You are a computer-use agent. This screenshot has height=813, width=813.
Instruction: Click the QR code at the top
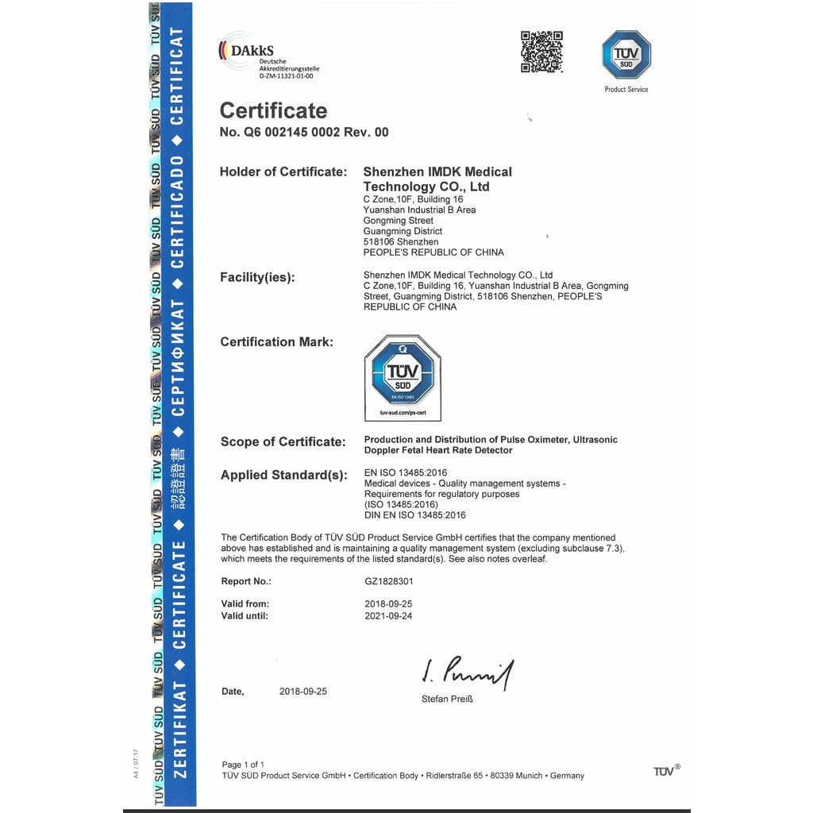[541, 52]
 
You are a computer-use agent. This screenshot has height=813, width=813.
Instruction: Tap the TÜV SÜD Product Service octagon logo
[626, 55]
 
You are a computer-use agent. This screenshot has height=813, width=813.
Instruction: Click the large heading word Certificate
[273, 110]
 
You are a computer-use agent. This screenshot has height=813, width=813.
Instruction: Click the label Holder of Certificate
[283, 171]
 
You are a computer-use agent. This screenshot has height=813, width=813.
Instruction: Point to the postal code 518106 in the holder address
[379, 242]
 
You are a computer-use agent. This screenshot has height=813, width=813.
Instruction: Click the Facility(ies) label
[257, 278]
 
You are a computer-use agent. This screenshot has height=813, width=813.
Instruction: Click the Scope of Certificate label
[283, 442]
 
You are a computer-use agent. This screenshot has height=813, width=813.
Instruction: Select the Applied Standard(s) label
[284, 476]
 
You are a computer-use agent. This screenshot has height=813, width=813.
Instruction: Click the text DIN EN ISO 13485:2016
[414, 515]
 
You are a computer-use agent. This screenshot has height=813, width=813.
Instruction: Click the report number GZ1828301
[389, 582]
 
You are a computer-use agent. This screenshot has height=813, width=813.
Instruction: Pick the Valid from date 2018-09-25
[388, 604]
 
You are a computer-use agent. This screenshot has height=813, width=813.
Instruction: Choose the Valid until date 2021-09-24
[388, 616]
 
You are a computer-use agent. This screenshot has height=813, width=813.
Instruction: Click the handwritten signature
[468, 673]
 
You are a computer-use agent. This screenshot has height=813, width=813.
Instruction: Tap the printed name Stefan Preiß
[447, 699]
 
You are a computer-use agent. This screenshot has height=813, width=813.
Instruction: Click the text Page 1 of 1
[243, 765]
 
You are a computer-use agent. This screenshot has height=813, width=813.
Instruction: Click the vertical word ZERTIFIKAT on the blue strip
[179, 730]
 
